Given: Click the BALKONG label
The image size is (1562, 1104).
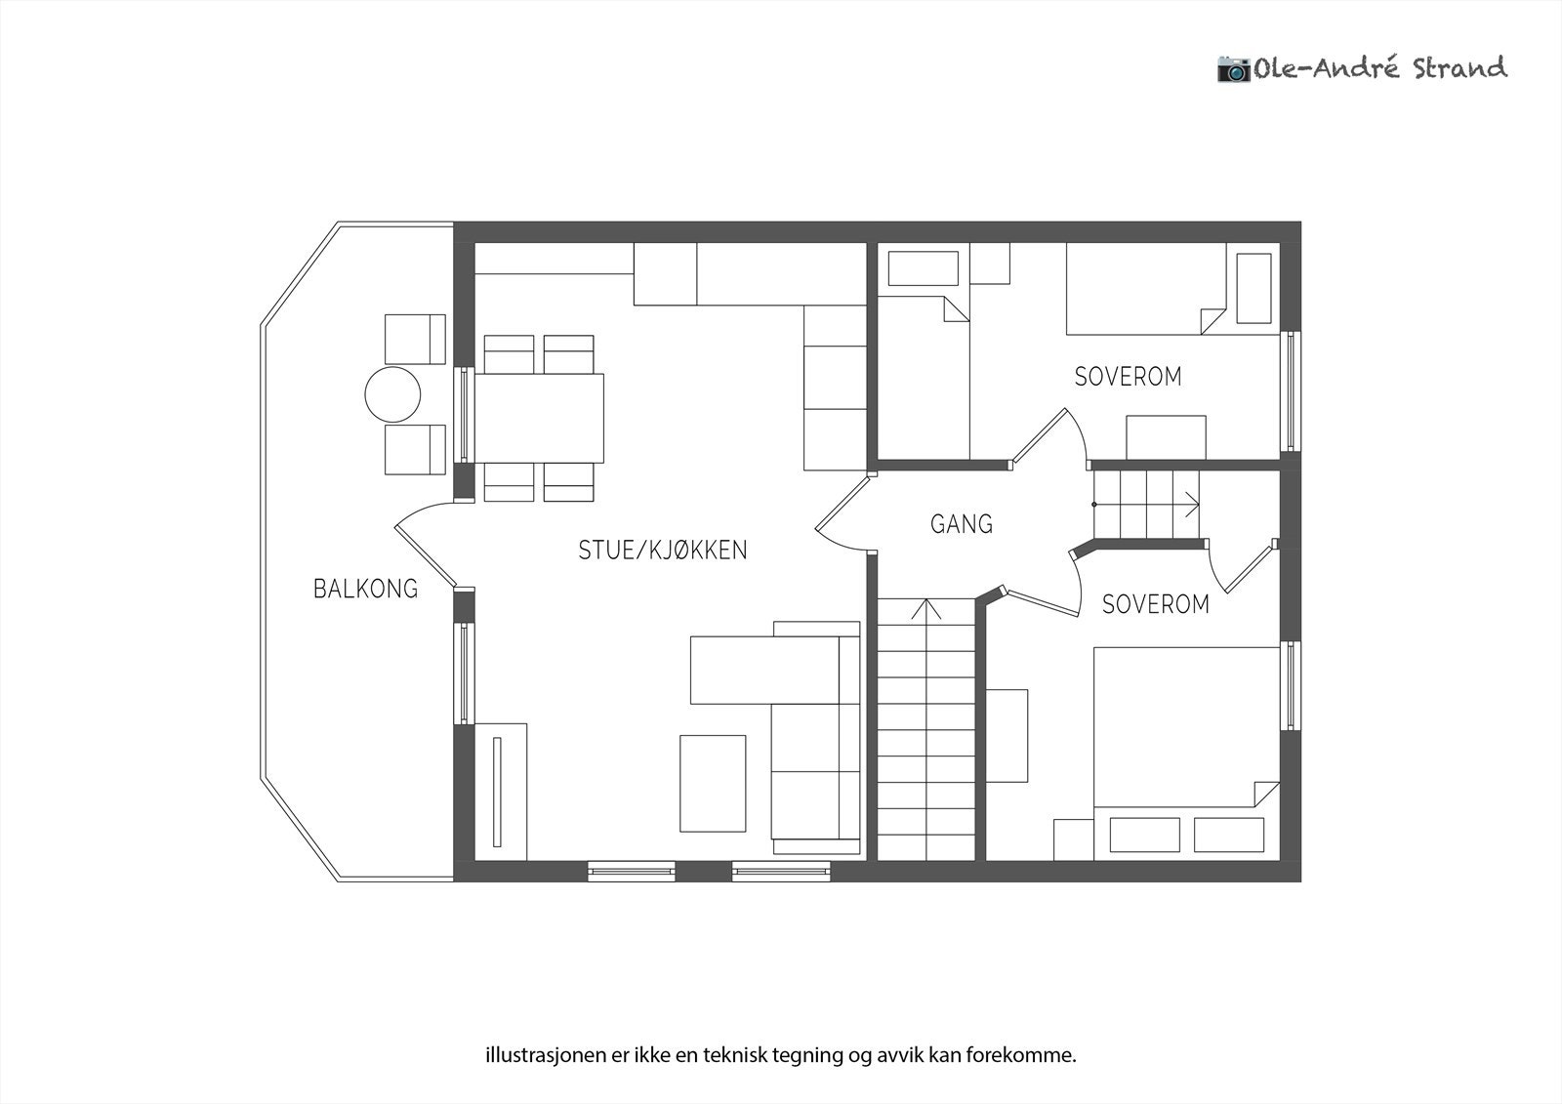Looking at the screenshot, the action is pos(365,590).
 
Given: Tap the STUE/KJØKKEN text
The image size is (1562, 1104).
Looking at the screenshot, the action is pos(663,551).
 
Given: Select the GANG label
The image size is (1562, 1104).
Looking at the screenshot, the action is pos(962,524).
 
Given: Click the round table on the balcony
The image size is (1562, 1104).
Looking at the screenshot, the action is pos(392,394).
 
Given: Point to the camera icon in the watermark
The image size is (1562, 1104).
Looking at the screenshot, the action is pos(1234,69).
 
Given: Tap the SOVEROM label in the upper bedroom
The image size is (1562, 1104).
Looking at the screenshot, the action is pos(1129,377).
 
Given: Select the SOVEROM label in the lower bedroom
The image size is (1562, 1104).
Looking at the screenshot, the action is pos(1156,604).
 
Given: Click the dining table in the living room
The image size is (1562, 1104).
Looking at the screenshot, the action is pos(539,419).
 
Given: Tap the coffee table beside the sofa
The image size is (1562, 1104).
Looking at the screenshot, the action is pos(713,783).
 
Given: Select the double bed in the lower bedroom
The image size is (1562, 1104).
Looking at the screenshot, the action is pos(1186,754).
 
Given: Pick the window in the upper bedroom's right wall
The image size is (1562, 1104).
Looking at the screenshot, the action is pos(1291,390).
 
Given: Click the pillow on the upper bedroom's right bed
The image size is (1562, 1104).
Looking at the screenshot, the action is pos(1254,288).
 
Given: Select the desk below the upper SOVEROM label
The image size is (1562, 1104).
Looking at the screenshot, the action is pos(1166,437).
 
